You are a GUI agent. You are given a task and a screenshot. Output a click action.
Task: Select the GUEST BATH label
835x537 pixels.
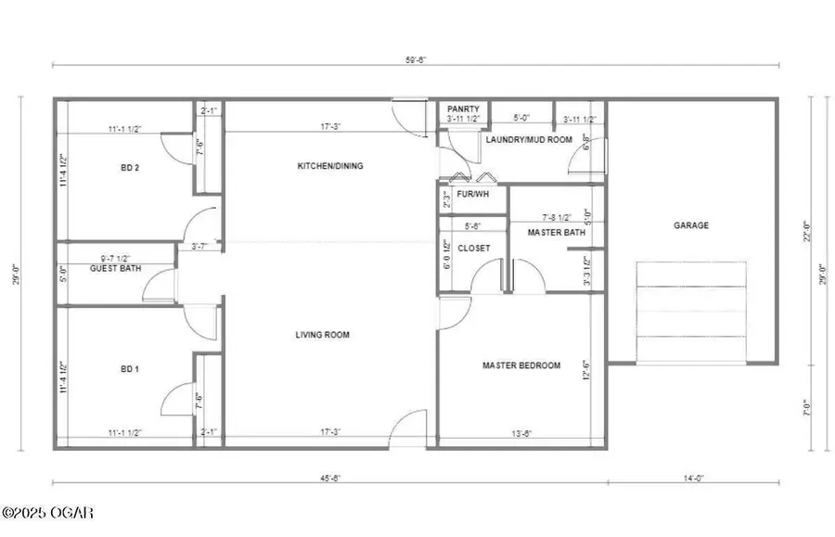click(114, 268)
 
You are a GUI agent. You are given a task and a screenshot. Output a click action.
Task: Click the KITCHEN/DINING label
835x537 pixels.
click(329, 166)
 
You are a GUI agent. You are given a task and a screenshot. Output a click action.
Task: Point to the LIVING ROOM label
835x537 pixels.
click(323, 335)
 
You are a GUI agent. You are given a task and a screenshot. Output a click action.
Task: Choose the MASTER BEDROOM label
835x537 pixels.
click(521, 365)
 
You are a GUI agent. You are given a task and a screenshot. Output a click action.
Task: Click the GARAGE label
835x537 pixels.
click(691, 225)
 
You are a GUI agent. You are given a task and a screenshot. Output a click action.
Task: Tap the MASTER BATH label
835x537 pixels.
click(557, 232)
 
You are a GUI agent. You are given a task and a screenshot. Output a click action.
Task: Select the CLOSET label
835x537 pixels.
click(472, 248)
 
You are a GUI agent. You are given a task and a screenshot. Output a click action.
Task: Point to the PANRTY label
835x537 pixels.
click(462, 109)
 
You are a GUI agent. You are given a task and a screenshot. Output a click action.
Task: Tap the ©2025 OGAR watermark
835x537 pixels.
click(48, 513)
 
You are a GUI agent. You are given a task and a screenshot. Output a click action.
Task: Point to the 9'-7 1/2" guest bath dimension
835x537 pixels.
click(116, 259)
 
